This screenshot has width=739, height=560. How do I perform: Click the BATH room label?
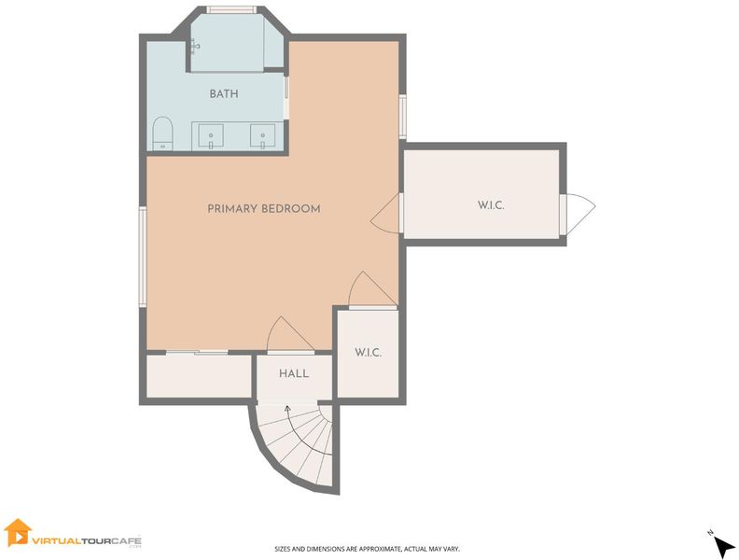(x=224, y=94)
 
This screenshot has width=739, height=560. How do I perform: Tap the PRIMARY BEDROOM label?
(x=264, y=209)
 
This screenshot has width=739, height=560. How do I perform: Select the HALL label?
(x=294, y=374)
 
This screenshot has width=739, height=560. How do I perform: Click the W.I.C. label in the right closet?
(x=491, y=205)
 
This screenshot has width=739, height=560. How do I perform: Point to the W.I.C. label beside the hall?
(x=368, y=353)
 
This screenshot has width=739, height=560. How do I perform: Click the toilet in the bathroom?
(x=162, y=133)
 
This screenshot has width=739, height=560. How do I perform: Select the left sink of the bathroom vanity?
(x=211, y=135)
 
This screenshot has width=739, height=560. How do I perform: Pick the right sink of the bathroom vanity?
(x=262, y=135)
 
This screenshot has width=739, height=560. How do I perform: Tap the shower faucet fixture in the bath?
(x=195, y=46)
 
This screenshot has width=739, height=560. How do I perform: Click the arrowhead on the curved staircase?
(x=287, y=408)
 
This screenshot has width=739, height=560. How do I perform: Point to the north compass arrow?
(x=724, y=547)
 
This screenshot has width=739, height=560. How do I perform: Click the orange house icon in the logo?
(x=18, y=532)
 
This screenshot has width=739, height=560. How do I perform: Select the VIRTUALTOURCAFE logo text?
(x=87, y=540)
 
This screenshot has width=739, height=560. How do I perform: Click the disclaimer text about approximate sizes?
(x=367, y=549)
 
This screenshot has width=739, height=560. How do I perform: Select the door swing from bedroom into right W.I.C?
(x=385, y=213)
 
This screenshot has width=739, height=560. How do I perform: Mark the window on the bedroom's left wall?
(x=143, y=257)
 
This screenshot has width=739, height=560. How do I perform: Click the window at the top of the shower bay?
(x=231, y=9)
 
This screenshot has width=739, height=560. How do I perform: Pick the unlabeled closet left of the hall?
(x=199, y=376)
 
